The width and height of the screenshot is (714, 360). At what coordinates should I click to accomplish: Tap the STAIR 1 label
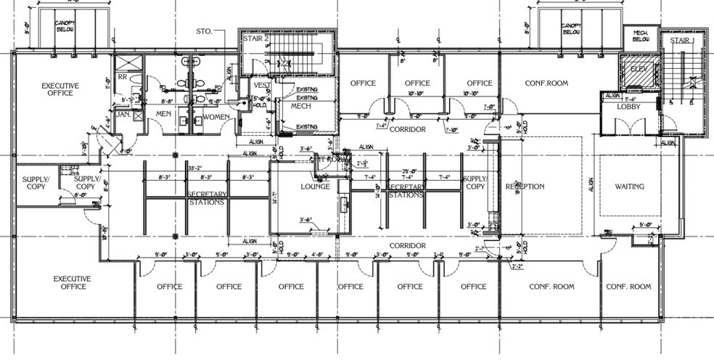click(x=681, y=41)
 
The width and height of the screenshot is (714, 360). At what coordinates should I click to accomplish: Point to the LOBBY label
click(x=627, y=106)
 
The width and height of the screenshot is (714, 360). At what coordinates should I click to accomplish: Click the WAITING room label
click(x=629, y=187)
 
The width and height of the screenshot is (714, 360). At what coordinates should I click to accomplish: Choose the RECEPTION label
click(x=525, y=187)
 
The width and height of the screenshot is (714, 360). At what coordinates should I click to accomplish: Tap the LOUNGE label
click(x=316, y=187)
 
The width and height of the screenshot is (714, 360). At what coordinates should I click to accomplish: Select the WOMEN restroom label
click(x=216, y=116)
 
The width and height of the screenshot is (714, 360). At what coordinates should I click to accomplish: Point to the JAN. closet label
click(x=123, y=115)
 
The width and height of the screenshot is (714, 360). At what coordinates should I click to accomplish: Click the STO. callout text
click(x=204, y=31)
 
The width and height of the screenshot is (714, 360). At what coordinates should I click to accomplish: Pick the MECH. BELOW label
click(x=640, y=36)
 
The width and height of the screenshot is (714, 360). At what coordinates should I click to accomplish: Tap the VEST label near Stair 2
click(x=260, y=85)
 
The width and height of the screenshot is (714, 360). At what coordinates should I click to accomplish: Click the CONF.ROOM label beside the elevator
click(x=546, y=83)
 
